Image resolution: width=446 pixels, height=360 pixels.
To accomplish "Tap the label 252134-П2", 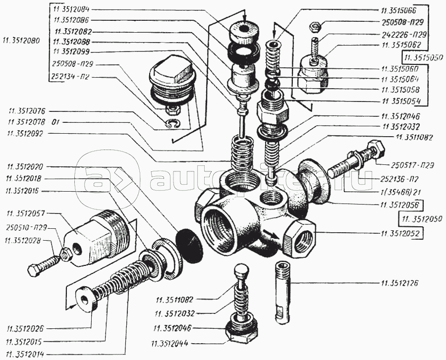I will (x=70, y=76).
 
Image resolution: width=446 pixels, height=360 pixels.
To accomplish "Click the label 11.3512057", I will (x=26, y=213).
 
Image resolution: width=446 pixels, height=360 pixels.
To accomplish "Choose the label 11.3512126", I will (x=400, y=284).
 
